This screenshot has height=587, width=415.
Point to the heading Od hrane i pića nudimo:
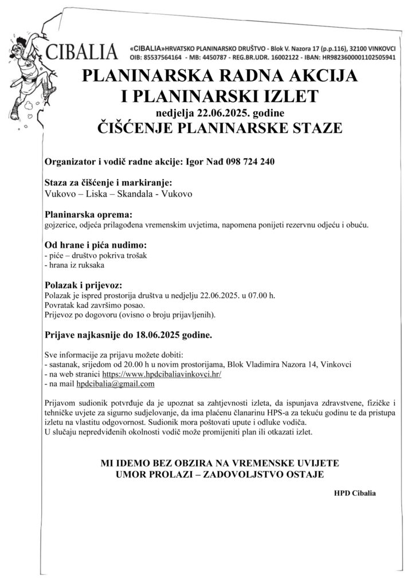[x=91, y=245]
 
